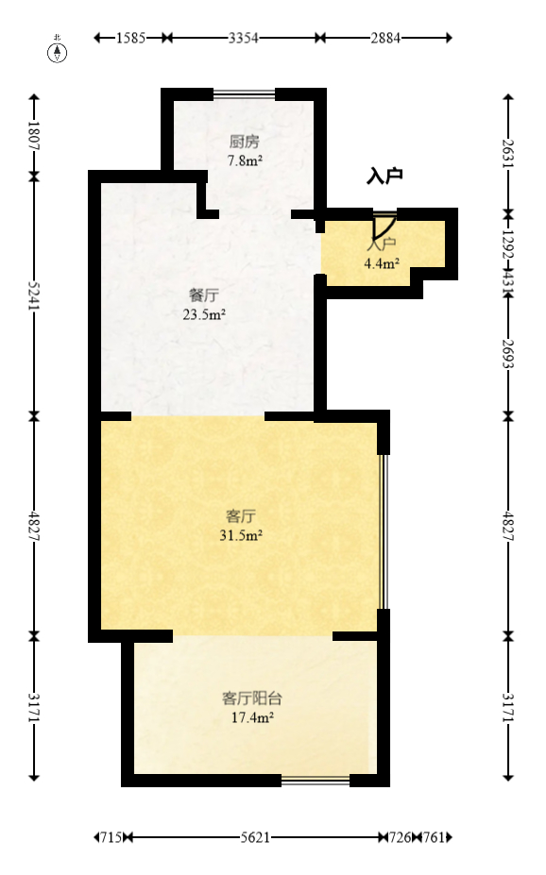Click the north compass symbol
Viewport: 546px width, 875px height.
58,51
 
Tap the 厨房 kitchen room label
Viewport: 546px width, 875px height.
244,143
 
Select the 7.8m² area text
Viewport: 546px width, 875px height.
244,160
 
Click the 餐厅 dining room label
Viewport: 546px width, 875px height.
204,295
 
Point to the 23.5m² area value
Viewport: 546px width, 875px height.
204,314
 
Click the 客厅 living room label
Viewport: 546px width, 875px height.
241,516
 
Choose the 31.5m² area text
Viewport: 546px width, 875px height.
241,535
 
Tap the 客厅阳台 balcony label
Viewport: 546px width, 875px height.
251,699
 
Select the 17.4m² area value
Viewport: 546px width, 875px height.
252,718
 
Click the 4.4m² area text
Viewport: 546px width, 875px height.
382,263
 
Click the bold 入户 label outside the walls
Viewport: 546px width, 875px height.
384,176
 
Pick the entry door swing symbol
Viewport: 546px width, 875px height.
383,227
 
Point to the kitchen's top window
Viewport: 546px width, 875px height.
244,93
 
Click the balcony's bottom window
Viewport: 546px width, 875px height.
315,781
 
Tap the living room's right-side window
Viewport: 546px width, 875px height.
383,531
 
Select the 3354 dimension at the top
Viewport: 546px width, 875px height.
244,38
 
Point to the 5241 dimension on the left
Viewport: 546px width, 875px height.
34,294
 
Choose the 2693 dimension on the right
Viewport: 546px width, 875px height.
508,355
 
